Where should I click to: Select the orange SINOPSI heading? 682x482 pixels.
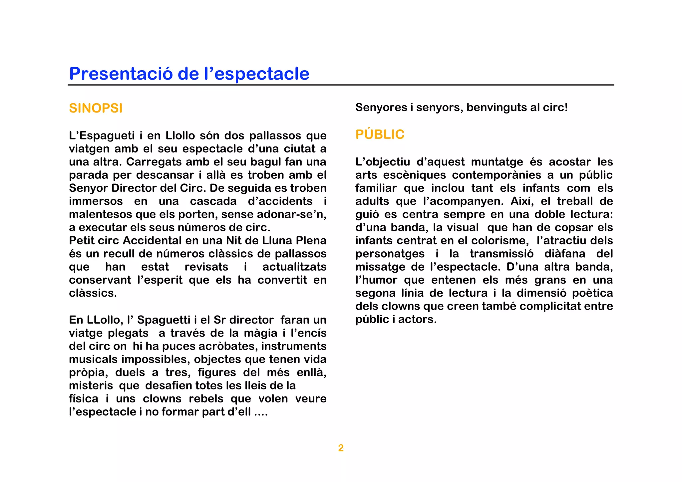(96, 108)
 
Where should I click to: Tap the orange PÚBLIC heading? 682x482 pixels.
(380, 134)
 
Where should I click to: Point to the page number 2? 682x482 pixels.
(341, 448)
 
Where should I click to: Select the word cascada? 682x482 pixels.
(213, 201)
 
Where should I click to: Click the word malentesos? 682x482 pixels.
(101, 214)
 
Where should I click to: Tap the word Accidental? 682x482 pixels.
(155, 240)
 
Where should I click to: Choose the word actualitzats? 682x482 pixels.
(294, 267)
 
